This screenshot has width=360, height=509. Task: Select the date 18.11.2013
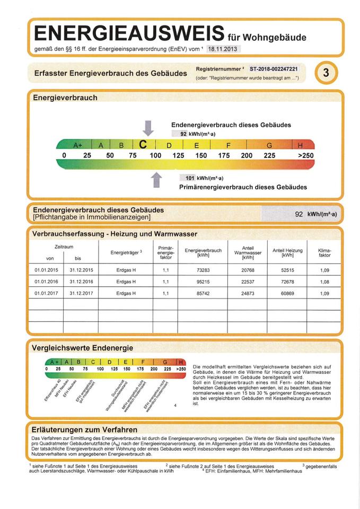click(x=222, y=49)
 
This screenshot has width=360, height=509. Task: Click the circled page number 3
click(x=326, y=74)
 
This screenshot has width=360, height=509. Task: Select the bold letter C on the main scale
click(x=143, y=145)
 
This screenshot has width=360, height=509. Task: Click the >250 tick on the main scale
click(x=306, y=156)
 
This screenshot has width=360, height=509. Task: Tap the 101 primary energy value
click(x=188, y=178)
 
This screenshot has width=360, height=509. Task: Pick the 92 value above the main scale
click(x=183, y=134)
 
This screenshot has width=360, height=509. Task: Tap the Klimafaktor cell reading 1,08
click(x=324, y=281)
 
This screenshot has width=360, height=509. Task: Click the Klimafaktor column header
click(x=324, y=252)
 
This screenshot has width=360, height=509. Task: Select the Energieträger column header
click(x=126, y=252)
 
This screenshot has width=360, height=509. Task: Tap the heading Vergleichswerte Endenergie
click(x=82, y=348)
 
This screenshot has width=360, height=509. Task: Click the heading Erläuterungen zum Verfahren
click(x=84, y=429)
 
